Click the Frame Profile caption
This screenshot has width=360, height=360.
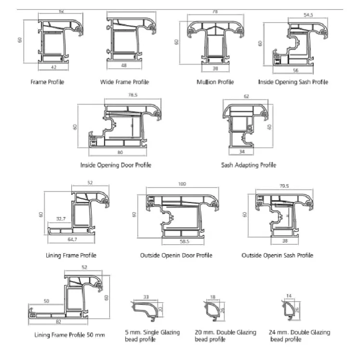tap(47, 82)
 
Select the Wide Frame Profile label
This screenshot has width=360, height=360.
tap(124, 82)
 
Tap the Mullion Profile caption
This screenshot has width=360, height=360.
tap(215, 82)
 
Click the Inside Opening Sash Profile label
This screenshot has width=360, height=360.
tap(293, 82)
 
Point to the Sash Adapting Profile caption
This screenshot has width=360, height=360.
tap(248, 165)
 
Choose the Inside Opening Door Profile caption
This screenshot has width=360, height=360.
tap(116, 165)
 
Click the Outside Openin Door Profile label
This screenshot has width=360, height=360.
tap(176, 255)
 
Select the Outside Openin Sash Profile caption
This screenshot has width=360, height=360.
tap(277, 255)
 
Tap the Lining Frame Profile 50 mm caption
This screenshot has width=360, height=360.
tap(69, 334)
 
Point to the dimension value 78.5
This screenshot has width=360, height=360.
tap(132, 95)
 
